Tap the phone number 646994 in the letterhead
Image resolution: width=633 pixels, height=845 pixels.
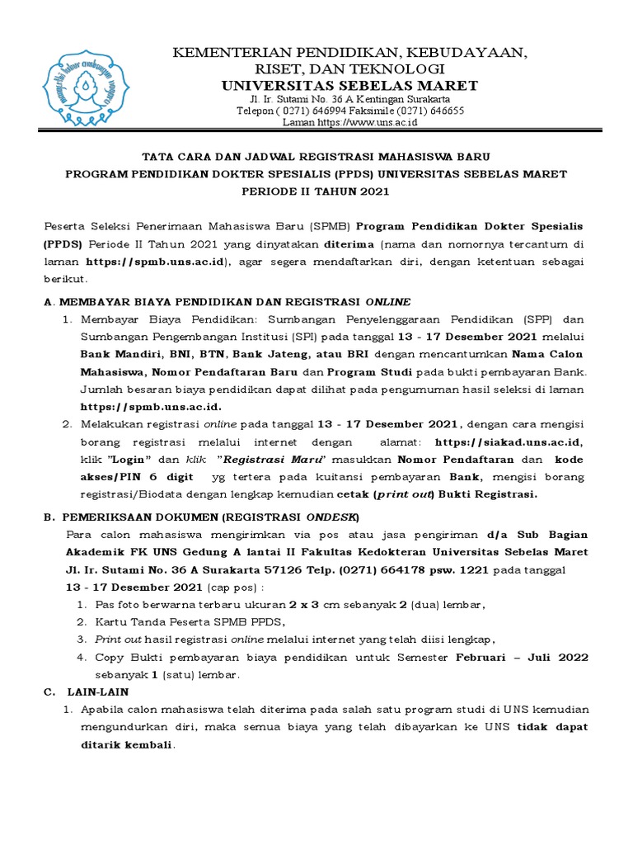pyautogui.click(x=320, y=111)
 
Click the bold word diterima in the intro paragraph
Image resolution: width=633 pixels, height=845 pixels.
pyautogui.click(x=349, y=244)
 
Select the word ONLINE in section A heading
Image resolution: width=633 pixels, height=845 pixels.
pyautogui.click(x=387, y=301)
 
